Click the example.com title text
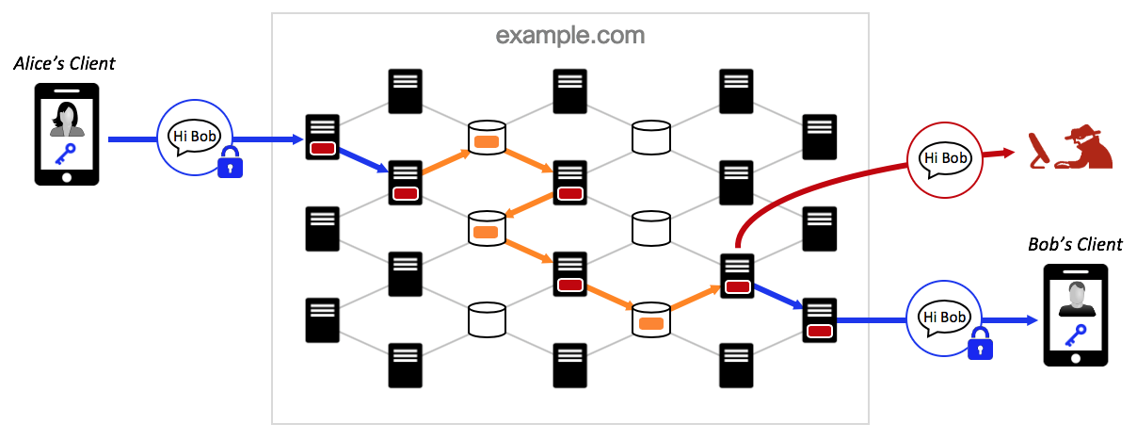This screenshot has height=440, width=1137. [x=570, y=36]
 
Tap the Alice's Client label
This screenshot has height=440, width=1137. [x=64, y=64]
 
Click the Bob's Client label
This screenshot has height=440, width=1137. [x=1075, y=245]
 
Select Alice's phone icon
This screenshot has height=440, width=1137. [x=67, y=134]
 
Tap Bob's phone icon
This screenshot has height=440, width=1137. [x=1076, y=316]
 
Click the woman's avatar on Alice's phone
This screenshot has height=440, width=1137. [x=67, y=120]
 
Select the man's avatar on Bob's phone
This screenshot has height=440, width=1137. [x=1075, y=300]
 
